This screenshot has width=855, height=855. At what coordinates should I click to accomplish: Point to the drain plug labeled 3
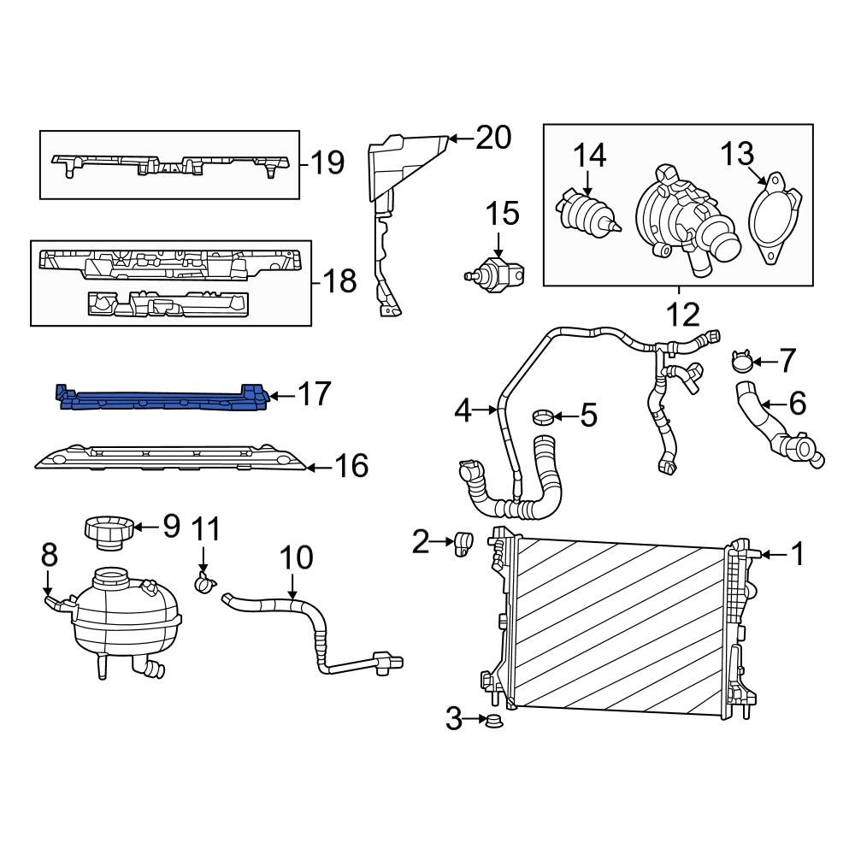(493, 722)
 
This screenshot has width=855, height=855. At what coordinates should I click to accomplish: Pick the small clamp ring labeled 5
(542, 417)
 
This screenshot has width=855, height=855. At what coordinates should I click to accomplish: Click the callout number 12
(682, 315)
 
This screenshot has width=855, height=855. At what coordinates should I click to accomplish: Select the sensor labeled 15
(497, 273)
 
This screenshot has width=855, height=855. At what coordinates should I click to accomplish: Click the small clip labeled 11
(205, 585)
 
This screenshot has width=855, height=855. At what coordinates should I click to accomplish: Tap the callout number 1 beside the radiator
(797, 556)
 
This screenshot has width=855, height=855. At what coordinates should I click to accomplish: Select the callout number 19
(327, 162)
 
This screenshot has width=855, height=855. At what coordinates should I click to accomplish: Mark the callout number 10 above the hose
(297, 558)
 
